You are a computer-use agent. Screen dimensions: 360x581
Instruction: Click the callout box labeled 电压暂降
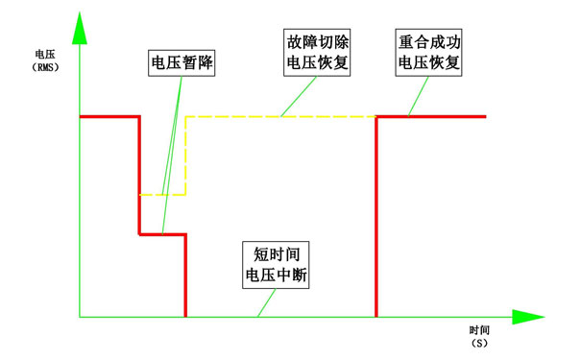[x=182, y=64]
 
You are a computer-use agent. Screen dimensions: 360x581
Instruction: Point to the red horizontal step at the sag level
[x=162, y=233]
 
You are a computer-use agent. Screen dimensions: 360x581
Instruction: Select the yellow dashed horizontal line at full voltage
[x=278, y=116]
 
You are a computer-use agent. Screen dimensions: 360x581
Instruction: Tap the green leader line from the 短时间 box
[x=265, y=302]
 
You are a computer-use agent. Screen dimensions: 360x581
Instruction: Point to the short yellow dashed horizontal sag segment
[x=162, y=195]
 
